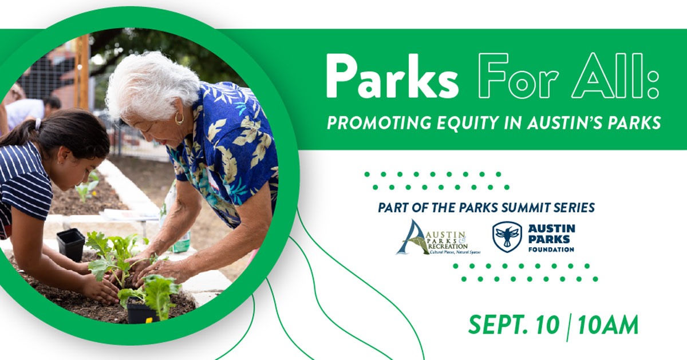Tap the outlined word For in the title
click(518, 76)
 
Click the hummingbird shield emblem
click(507, 237)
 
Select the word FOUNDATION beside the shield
click(551, 250)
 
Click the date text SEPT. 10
click(514, 325)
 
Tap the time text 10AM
click(608, 325)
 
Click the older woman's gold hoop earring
click(179, 118)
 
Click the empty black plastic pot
click(71, 244)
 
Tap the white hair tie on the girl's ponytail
click(38, 124)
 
